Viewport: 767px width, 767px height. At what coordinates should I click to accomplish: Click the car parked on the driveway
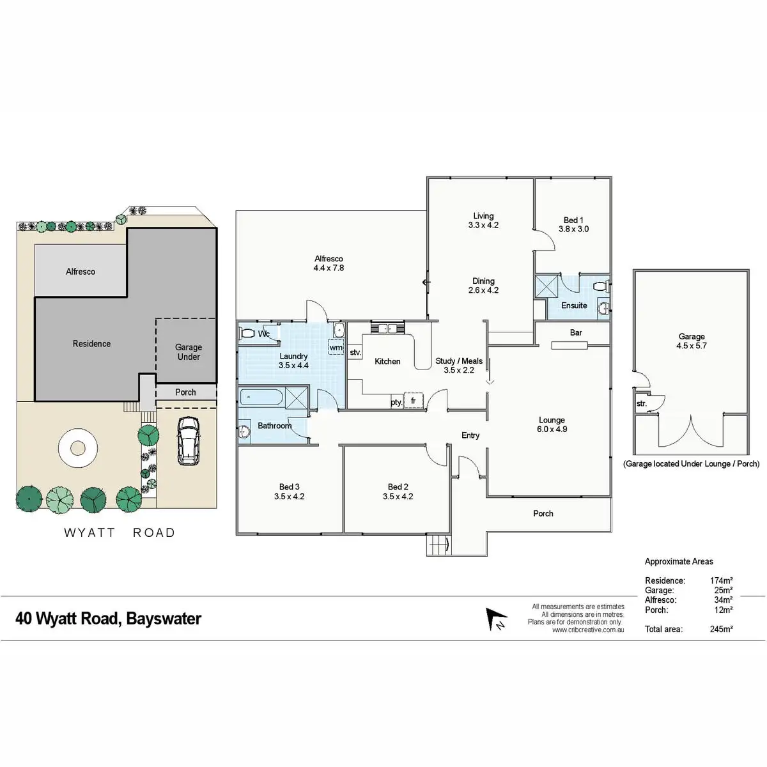point(188,441)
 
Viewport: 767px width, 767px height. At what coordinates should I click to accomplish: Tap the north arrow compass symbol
point(495,619)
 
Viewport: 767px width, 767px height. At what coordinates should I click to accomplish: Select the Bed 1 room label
point(573,220)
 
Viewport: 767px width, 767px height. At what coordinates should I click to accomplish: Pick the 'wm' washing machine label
point(336,348)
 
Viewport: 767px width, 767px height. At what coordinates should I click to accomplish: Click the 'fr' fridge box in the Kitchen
point(414,401)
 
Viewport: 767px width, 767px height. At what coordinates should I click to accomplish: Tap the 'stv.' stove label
point(355,352)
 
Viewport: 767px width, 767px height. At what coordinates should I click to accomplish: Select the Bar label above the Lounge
point(576,332)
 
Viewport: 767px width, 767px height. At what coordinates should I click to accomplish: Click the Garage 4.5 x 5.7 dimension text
point(692,346)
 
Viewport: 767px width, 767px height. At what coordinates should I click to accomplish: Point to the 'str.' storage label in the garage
point(642,404)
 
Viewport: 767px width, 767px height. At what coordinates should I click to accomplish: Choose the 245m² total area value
point(721,629)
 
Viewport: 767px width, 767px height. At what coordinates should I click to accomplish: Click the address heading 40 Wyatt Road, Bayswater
point(108,619)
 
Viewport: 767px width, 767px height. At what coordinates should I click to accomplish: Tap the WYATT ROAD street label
point(120,532)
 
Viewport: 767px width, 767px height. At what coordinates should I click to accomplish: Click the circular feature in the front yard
point(78,449)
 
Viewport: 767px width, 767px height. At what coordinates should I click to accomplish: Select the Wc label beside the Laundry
point(263,334)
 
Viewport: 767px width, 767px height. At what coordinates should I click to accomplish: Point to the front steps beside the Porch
point(437,546)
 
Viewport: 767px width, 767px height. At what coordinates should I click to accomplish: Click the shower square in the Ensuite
point(547,285)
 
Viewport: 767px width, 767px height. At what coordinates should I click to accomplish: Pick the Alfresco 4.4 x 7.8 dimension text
point(329,268)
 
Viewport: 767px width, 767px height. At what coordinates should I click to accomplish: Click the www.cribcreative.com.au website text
point(587,630)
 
